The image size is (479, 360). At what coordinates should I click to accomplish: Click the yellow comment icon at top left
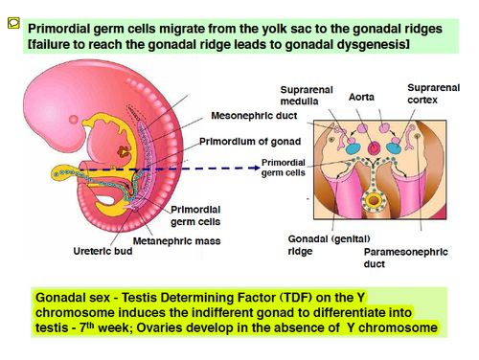pyautogui.click(x=13, y=23)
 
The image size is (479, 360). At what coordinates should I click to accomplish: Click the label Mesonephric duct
pyautogui.click(x=254, y=116)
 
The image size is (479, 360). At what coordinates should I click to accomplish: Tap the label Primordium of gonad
pyautogui.click(x=250, y=142)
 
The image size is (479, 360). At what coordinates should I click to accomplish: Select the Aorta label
pyautogui.click(x=361, y=97)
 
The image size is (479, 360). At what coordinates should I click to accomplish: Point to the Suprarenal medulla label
pyautogui.click(x=307, y=96)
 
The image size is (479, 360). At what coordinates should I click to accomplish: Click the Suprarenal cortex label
pyautogui.click(x=433, y=94)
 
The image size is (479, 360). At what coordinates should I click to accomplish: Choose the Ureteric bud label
pyautogui.click(x=103, y=251)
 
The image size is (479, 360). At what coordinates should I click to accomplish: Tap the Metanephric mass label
pyautogui.click(x=176, y=241)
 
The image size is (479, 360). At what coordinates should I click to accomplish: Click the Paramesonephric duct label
pyautogui.click(x=405, y=258)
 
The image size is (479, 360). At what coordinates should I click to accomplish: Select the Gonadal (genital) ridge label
pyautogui.click(x=329, y=245)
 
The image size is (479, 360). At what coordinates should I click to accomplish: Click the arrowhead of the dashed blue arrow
pyautogui.click(x=257, y=168)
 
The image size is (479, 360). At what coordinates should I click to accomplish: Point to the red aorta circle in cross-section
pyautogui.click(x=374, y=148)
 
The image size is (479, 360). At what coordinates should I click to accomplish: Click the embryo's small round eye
pyautogui.click(x=74, y=120)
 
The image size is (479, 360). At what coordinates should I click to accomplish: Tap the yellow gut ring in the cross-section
pyautogui.click(x=374, y=201)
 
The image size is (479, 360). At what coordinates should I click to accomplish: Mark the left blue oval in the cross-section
pyautogui.click(x=353, y=148)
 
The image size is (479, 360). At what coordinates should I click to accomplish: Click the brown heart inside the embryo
pyautogui.click(x=124, y=151)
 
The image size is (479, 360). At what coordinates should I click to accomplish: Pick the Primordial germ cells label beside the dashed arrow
pyautogui.click(x=284, y=168)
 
